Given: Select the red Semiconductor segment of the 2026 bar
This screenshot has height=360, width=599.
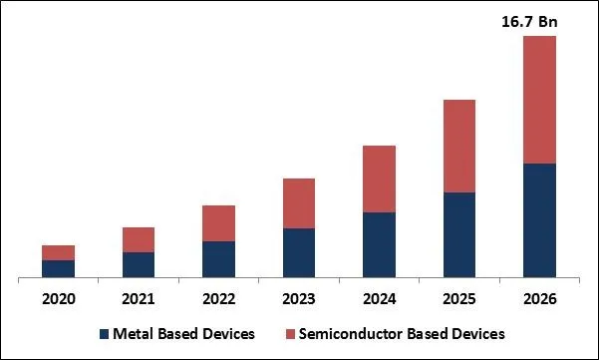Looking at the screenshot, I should (539, 100).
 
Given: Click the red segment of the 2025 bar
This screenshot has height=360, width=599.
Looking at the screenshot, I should (459, 146).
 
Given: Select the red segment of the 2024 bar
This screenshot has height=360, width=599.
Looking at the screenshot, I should (379, 179).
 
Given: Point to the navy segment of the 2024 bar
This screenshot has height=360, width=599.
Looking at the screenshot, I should (379, 244).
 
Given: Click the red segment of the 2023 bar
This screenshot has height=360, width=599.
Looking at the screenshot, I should (299, 203).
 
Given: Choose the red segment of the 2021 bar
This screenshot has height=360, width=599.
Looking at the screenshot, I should (139, 239).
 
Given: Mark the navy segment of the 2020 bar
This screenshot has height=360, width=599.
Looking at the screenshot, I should (58, 268).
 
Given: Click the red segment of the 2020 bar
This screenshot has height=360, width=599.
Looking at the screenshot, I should (58, 252).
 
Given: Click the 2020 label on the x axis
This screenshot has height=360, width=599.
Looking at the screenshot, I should (58, 299).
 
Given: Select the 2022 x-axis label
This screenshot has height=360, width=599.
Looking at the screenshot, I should (218, 299).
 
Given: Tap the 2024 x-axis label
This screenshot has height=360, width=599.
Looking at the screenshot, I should (379, 299).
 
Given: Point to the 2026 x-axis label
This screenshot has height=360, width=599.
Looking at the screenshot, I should (539, 299).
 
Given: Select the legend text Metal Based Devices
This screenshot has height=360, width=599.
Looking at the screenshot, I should (183, 333).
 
